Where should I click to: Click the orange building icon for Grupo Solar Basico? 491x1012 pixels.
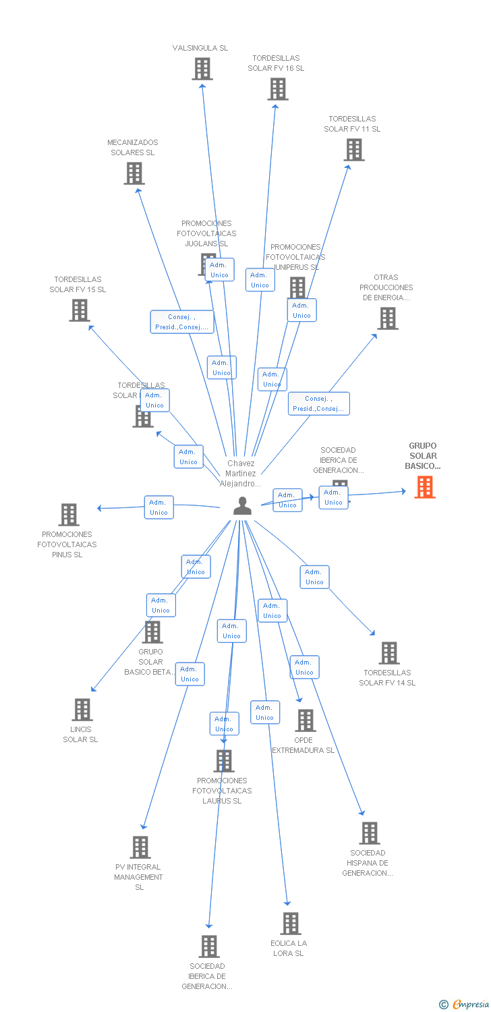pos(424,486)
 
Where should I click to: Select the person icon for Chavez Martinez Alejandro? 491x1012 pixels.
pos(242,506)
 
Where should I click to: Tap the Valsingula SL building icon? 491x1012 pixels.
pos(202,69)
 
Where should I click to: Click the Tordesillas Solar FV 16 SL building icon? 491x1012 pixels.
pos(277,89)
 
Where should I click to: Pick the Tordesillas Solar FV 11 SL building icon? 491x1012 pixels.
pos(353,150)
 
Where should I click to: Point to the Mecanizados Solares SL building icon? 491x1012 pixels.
pos(134,173)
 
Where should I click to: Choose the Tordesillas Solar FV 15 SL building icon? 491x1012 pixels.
pos(80,310)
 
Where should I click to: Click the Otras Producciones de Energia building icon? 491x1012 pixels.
pos(387,318)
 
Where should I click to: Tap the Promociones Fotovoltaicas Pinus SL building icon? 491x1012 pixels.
pos(68,515)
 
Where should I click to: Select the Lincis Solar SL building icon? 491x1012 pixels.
pos(82,710)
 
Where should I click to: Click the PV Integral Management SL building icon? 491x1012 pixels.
pos(140,847)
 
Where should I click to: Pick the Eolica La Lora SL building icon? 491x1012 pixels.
pos(290,924)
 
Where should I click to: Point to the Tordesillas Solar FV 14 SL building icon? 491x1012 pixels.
pos(388,653)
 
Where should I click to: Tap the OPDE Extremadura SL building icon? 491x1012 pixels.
pos(305,721)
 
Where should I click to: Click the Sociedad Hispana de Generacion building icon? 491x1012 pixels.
pos(369,833)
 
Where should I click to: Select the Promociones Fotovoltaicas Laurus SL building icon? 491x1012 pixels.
pos(223,761)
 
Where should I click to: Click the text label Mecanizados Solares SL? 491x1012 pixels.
pos(133,148)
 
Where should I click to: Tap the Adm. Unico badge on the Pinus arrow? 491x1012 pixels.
pos(158,507)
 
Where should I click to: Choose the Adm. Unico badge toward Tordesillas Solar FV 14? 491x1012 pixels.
pos(314,577)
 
